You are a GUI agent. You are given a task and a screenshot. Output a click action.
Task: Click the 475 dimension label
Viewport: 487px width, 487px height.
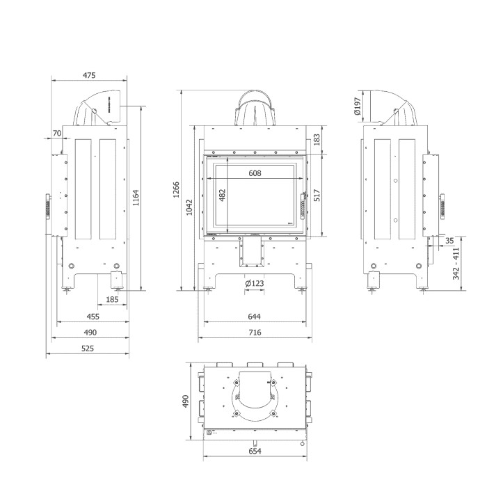click(x=89, y=75)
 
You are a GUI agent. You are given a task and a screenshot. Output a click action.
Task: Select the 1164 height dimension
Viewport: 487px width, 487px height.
click(x=136, y=198)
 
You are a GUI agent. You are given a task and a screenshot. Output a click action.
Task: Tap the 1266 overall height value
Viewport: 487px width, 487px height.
click(x=176, y=190)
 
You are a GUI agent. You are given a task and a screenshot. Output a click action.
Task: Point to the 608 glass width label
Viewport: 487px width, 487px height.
click(x=255, y=173)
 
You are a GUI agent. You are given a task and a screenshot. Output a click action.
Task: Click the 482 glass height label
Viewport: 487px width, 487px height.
click(x=223, y=195)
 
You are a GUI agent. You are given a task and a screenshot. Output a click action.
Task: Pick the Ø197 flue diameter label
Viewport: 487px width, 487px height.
click(x=358, y=106)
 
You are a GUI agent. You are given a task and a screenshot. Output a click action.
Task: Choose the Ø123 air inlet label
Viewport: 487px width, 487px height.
click(x=255, y=283)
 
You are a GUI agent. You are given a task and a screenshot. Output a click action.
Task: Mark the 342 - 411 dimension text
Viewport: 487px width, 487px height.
click(x=456, y=264)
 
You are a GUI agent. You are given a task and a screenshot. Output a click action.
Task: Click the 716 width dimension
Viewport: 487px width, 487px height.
click(x=255, y=333)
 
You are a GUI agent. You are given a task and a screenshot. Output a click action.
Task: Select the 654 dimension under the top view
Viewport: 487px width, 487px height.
click(x=255, y=451)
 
